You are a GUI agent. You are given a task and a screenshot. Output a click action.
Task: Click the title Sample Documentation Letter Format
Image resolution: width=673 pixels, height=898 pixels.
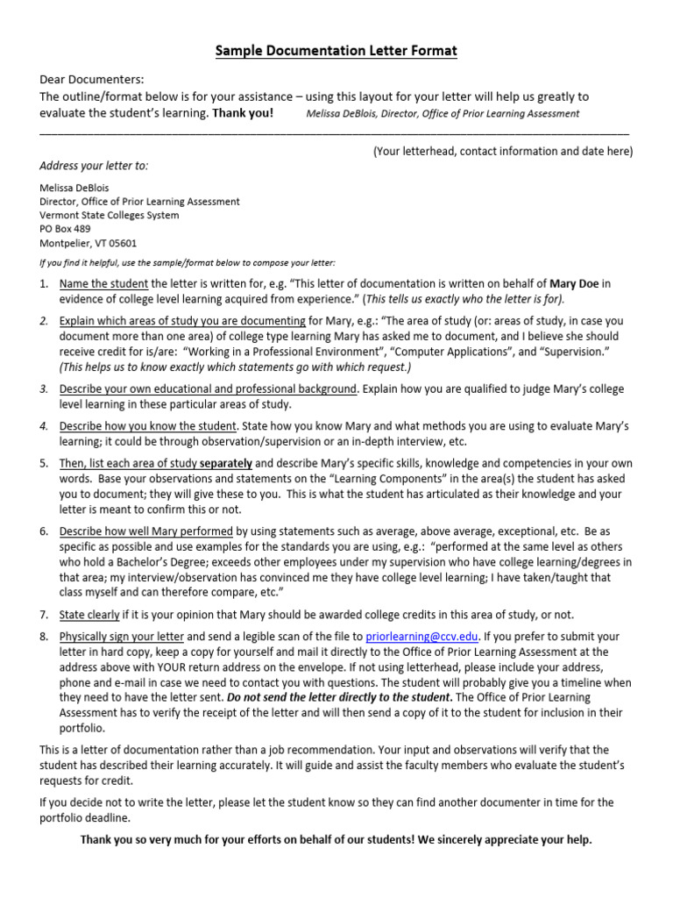coord(336,52)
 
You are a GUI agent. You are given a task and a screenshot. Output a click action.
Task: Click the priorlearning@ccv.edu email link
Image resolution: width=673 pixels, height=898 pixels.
coord(410,636)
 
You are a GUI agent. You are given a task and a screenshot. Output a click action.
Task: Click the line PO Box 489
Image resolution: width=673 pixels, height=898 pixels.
coord(66,229)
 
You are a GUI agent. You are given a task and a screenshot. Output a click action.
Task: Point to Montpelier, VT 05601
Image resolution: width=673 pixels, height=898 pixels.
coord(89,243)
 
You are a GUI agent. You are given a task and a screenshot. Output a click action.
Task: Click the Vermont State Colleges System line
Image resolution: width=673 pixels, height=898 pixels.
coord(110,215)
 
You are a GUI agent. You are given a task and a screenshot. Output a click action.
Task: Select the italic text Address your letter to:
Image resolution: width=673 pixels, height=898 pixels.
coord(95,166)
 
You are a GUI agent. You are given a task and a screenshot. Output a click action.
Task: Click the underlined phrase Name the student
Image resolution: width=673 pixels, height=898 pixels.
coord(103,283)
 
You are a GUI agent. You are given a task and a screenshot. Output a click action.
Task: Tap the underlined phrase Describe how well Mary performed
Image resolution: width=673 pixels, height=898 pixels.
coord(145,531)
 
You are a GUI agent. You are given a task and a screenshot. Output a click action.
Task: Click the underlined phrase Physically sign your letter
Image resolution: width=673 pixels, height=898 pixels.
coord(122,636)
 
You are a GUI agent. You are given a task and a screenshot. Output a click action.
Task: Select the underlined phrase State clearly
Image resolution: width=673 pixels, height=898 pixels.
coord(89,615)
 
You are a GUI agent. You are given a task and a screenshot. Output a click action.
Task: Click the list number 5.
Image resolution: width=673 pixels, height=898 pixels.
coord(44,462)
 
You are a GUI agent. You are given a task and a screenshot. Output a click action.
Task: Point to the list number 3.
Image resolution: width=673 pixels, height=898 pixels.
coord(44,388)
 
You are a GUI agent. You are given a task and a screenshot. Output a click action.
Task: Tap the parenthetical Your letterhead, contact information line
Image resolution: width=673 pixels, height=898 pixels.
coord(503,151)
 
